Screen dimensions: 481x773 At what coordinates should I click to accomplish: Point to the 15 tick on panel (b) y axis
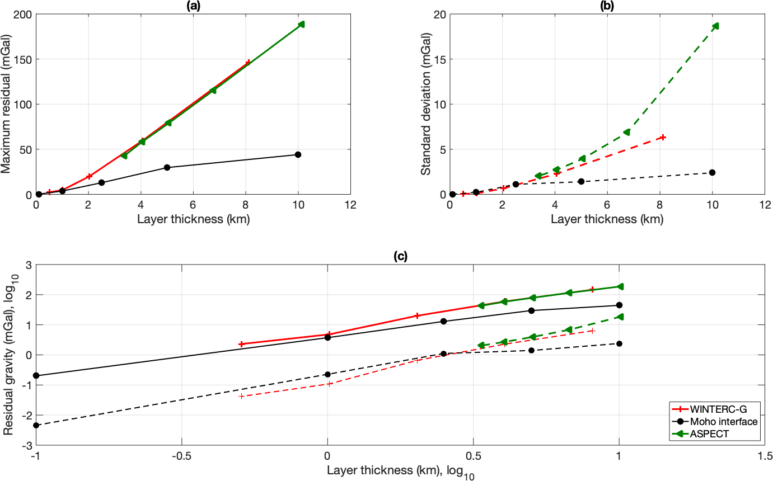[439, 59]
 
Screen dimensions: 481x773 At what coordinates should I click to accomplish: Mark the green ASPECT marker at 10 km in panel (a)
[301, 24]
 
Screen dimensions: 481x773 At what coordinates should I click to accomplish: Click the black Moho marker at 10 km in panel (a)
[298, 154]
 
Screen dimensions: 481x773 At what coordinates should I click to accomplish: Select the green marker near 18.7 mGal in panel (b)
[715, 26]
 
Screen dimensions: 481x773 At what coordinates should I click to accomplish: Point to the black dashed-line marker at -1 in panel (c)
[36, 425]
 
